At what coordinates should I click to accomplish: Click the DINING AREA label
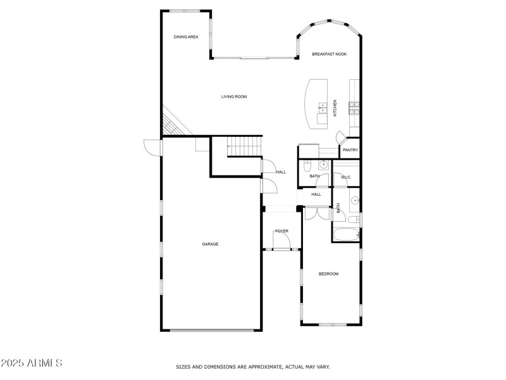(186, 37)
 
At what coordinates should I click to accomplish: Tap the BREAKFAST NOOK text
(329, 54)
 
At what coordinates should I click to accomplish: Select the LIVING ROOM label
(233, 97)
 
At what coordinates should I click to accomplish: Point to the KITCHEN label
(335, 108)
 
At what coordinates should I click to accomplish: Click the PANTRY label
(350, 150)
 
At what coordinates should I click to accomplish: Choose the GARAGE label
(211, 244)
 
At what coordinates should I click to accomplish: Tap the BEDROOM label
(328, 274)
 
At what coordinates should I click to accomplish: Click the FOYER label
(281, 231)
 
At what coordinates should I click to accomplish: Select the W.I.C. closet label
(345, 177)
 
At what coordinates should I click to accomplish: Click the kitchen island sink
(322, 106)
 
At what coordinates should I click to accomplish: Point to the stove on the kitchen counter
(355, 108)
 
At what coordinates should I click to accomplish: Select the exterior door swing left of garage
(152, 146)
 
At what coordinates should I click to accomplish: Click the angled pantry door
(341, 136)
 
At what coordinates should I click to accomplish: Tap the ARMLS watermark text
(32, 364)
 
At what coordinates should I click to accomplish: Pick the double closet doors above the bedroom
(314, 213)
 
